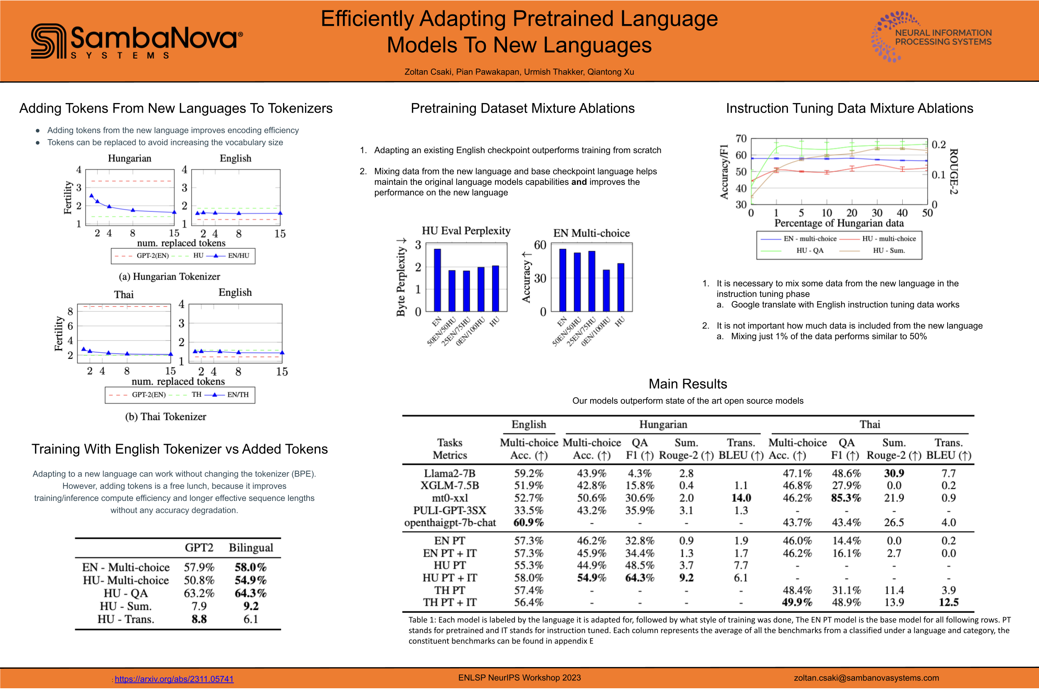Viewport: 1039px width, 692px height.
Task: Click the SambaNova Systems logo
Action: pos(136,41)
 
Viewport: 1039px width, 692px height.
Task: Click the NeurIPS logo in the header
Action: pos(931,37)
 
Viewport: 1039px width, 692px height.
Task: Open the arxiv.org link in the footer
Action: pos(174,679)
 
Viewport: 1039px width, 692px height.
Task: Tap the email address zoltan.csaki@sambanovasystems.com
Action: pos(866,678)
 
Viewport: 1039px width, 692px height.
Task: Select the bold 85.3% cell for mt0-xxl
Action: pos(846,498)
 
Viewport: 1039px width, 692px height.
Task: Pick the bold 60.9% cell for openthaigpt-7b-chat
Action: pos(528,523)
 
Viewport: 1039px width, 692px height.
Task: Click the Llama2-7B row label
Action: pos(450,473)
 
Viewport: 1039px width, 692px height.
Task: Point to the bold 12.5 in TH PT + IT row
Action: pos(948,602)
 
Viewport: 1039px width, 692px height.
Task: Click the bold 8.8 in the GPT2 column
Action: pos(199,619)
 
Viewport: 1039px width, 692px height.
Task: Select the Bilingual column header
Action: pos(251,548)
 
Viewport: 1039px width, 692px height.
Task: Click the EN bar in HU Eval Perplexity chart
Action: pos(437,280)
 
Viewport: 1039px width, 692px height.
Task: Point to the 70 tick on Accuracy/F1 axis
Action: pos(741,139)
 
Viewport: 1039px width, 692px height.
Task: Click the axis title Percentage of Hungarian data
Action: pos(839,223)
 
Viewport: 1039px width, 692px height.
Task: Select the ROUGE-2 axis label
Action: pos(953,171)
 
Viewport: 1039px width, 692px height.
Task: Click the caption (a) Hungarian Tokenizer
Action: pos(169,276)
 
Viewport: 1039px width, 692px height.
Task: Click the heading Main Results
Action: pos(687,384)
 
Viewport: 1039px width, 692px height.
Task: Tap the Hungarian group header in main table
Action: pos(663,425)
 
